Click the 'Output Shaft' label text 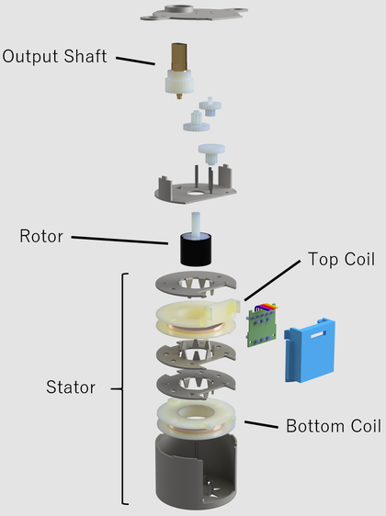(x=54, y=56)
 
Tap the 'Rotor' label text (x=41, y=236)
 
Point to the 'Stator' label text (x=71, y=387)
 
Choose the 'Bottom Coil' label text (x=333, y=426)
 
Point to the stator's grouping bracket (x=122, y=387)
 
